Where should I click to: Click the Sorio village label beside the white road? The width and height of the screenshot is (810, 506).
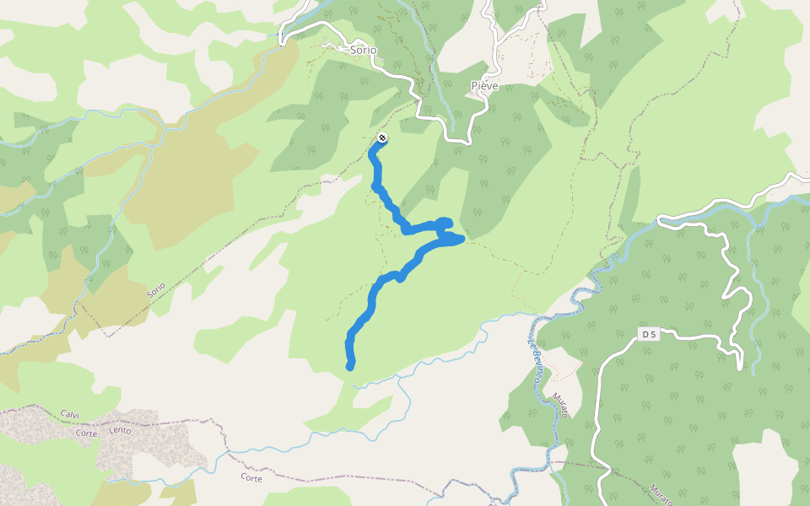pyautogui.click(x=363, y=50)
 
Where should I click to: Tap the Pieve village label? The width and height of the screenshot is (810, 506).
pyautogui.click(x=484, y=86)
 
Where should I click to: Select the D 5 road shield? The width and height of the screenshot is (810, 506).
pyautogui.click(x=649, y=335)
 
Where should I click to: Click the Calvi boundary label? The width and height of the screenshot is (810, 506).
pyautogui.click(x=70, y=413)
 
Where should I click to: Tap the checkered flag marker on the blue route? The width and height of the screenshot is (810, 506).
pyautogui.click(x=383, y=138)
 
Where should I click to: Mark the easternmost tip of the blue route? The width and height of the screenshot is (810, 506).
pyautogui.click(x=463, y=240)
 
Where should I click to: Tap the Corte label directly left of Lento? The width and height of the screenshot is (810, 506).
pyautogui.click(x=87, y=433)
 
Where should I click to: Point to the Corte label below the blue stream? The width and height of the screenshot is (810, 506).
pyautogui.click(x=251, y=478)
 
